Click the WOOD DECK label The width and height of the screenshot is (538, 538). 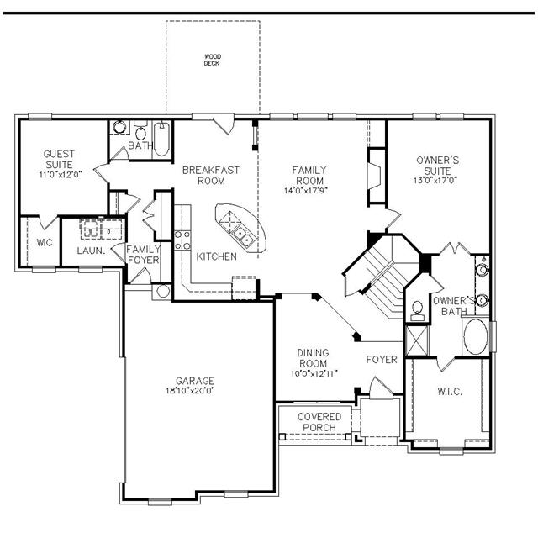[x=213, y=60]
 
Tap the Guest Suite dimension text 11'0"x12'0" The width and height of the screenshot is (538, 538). [x=61, y=175]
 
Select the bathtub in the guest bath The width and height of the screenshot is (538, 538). [x=161, y=139]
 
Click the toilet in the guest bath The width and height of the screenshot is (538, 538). [x=140, y=130]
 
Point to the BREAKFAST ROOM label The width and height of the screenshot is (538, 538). [x=211, y=176]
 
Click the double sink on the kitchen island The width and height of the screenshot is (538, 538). [x=243, y=235]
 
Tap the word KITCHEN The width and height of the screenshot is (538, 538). [x=217, y=256]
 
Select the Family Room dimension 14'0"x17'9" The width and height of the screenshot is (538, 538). [x=306, y=191]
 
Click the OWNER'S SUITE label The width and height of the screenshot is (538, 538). [x=437, y=166]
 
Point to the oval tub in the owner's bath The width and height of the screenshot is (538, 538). [x=476, y=336]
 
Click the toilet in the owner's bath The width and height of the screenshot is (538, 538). [x=417, y=310]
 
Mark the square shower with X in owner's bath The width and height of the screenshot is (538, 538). [x=417, y=340]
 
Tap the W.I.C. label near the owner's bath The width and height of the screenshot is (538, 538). [x=450, y=392]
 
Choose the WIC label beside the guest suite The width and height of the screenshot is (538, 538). [x=45, y=243]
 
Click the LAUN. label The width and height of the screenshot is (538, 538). [x=91, y=251]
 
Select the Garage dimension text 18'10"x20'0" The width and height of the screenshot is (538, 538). [x=191, y=390]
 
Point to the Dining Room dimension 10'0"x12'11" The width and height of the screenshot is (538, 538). [x=314, y=373]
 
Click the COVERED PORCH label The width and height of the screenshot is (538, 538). [x=319, y=422]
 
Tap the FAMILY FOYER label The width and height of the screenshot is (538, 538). [x=144, y=254]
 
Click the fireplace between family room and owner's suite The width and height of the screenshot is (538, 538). [x=374, y=176]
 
